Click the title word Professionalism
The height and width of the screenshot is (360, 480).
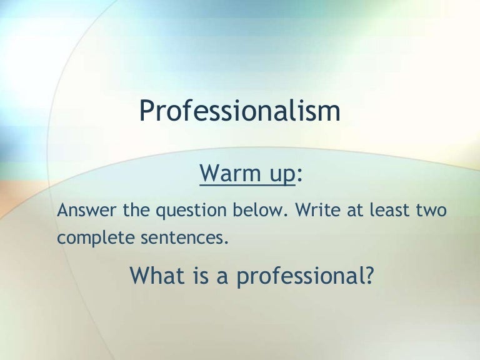[x=240, y=111]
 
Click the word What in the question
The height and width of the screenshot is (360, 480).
[x=154, y=275]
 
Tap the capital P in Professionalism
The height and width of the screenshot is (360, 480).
[x=146, y=111]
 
